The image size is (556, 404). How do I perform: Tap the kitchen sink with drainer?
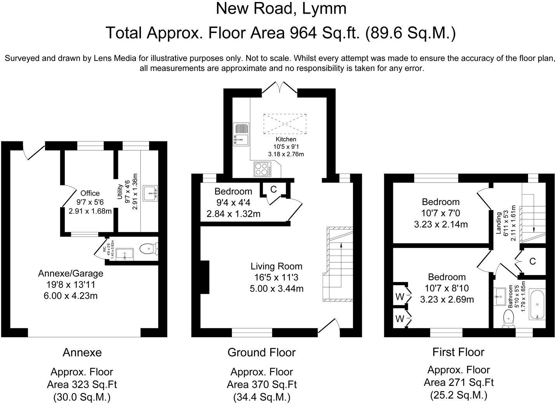point(241,134)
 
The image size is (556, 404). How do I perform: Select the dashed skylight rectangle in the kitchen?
point(285,124)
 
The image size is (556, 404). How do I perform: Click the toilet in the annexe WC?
point(149,249)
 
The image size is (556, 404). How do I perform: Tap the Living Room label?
point(276,266)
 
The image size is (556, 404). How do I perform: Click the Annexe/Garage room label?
point(71,273)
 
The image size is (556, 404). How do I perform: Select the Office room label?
point(90,193)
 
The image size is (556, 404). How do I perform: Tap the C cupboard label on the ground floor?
point(273,190)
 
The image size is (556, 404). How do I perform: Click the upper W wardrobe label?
point(400,296)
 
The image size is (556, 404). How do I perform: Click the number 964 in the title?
point(302,33)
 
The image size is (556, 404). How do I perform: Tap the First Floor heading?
point(458,352)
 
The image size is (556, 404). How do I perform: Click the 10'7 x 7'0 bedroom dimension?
point(441,213)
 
